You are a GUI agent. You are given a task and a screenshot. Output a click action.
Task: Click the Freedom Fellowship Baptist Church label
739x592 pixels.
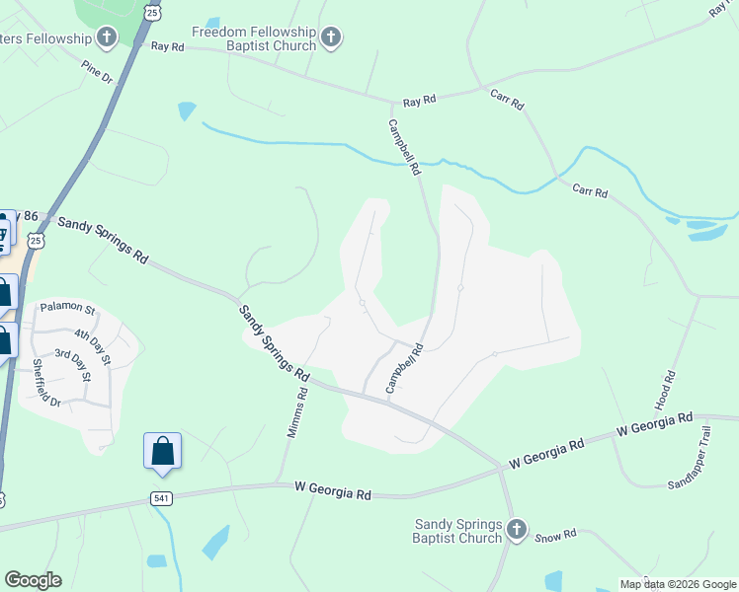click(x=254, y=38)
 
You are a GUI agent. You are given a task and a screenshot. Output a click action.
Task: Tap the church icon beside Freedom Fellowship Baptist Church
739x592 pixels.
click(x=331, y=38)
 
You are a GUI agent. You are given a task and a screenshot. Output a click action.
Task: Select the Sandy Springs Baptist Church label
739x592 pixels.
click(x=458, y=531)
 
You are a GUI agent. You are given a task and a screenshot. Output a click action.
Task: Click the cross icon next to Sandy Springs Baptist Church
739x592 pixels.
click(x=516, y=531)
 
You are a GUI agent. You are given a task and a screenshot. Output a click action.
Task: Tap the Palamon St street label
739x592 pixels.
click(x=67, y=309)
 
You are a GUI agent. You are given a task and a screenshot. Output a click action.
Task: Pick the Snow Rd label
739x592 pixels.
click(x=555, y=536)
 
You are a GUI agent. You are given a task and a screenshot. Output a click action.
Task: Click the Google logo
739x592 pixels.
click(x=34, y=580)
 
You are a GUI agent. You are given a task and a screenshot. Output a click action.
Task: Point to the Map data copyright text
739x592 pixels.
click(x=677, y=584)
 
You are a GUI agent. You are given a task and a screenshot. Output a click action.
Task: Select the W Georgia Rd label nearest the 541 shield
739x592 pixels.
click(x=332, y=488)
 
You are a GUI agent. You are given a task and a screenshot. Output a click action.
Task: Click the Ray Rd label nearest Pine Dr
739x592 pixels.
click(x=167, y=46)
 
